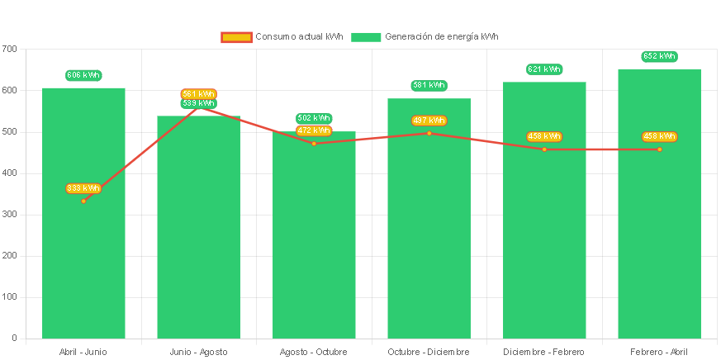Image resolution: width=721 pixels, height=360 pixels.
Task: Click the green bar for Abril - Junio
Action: click(x=83, y=248)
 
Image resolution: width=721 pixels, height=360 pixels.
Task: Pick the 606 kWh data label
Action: click(x=83, y=75)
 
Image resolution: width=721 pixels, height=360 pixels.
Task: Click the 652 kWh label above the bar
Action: click(x=659, y=56)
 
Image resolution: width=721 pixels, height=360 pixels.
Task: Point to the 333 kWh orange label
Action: click(x=83, y=188)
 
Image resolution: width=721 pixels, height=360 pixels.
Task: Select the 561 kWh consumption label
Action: click(x=198, y=93)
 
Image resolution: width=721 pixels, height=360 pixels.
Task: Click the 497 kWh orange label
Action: click(x=429, y=121)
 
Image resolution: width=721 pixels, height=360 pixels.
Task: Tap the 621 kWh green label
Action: click(x=544, y=69)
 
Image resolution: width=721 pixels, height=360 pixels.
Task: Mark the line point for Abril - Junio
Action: click(x=83, y=201)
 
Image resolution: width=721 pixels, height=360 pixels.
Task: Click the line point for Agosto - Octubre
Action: click(x=314, y=144)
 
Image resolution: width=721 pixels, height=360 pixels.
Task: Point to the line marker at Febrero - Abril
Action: click(x=659, y=149)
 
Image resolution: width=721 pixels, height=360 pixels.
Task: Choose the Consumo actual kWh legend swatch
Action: click(x=235, y=37)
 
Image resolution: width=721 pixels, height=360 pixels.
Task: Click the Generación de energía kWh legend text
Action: click(x=441, y=37)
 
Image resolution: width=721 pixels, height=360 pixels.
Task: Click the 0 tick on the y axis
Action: click(x=14, y=338)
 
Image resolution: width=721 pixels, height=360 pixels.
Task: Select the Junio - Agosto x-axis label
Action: click(x=198, y=352)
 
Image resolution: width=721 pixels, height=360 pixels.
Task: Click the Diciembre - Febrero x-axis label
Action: click(x=544, y=352)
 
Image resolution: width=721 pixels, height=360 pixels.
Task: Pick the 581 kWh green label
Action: click(x=429, y=85)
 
